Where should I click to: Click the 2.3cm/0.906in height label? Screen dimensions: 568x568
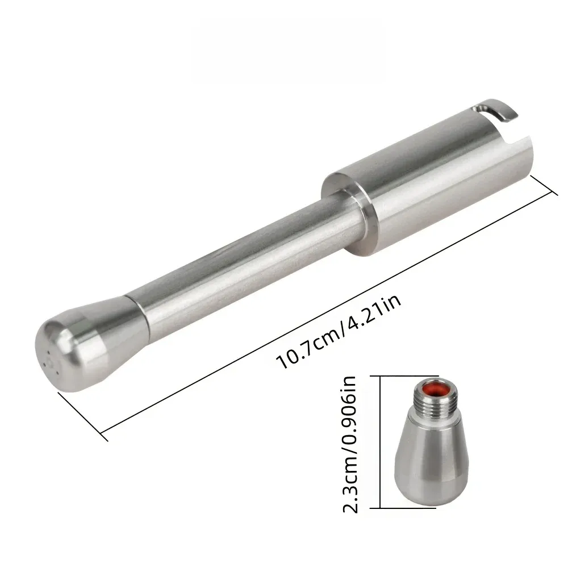tap(350, 445)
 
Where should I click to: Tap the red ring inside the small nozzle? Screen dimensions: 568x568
tap(434, 387)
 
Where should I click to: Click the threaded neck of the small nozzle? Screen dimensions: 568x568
tap(434, 400)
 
